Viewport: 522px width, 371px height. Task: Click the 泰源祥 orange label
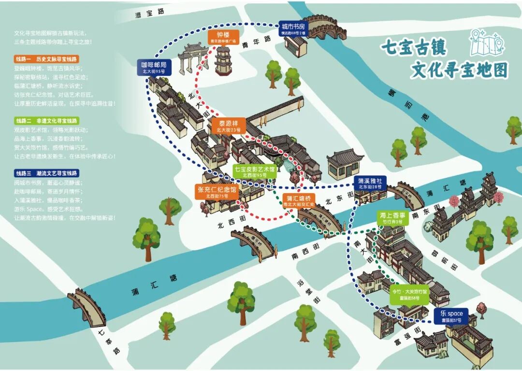[x=228, y=126]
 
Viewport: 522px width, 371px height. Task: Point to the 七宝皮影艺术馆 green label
[x=255, y=171]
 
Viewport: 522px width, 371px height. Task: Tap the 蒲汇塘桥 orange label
[x=299, y=200]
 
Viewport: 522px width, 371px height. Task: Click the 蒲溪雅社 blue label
[x=370, y=184]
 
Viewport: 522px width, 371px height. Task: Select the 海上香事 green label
[x=393, y=218]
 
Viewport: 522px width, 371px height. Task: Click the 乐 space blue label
[x=451, y=316]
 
